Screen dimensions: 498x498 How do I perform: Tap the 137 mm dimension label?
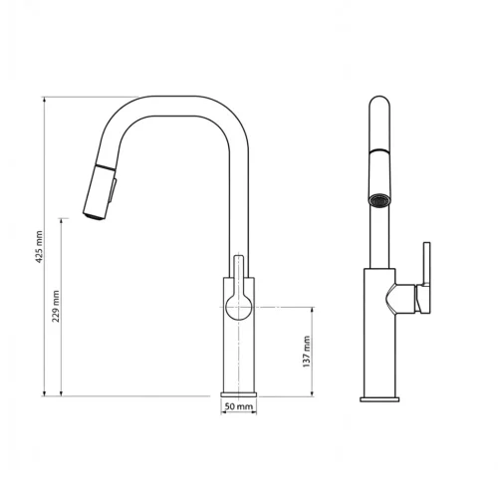[x=308, y=350]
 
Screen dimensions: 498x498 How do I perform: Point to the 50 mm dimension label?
[x=239, y=406]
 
